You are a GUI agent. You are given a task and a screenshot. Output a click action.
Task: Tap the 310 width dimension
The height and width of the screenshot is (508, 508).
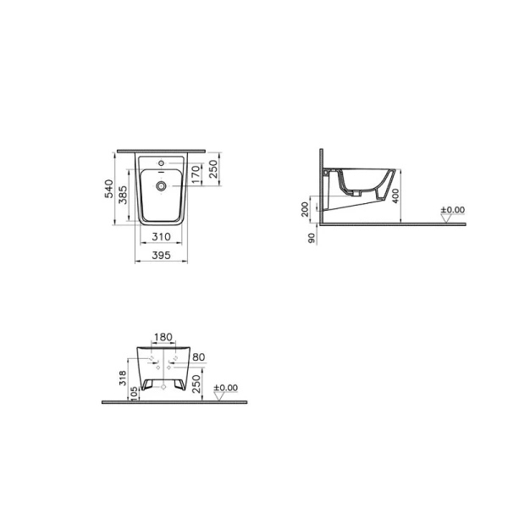pos(162,236)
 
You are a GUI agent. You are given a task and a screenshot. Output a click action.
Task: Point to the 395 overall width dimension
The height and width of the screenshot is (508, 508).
pos(162,254)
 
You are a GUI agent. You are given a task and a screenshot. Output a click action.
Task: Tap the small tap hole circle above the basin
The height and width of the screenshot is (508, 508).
pos(162,161)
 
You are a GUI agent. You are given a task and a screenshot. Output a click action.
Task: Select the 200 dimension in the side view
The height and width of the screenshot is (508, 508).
pos(306,209)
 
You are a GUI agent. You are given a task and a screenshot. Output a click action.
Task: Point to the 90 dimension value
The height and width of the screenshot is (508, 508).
pos(312,239)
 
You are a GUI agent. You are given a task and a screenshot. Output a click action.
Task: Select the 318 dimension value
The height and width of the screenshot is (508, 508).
pos(124,376)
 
